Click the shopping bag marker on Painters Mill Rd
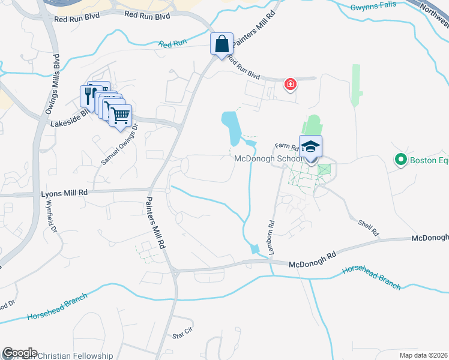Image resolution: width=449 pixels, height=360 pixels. click(x=222, y=44)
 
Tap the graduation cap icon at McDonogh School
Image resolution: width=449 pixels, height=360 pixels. click(x=311, y=147)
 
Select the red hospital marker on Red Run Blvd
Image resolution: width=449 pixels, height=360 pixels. click(x=291, y=83)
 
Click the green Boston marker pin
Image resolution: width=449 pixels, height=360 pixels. click(x=400, y=160)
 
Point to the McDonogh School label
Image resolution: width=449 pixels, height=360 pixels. click(x=267, y=159)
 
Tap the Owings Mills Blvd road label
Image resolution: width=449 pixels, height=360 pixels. click(x=52, y=85)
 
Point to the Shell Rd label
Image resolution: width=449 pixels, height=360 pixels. click(x=368, y=227)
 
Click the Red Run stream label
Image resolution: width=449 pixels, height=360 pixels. click(x=173, y=43)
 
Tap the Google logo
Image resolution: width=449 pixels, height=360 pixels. click(x=20, y=353)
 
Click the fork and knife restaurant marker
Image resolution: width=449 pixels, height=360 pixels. click(x=88, y=94)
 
